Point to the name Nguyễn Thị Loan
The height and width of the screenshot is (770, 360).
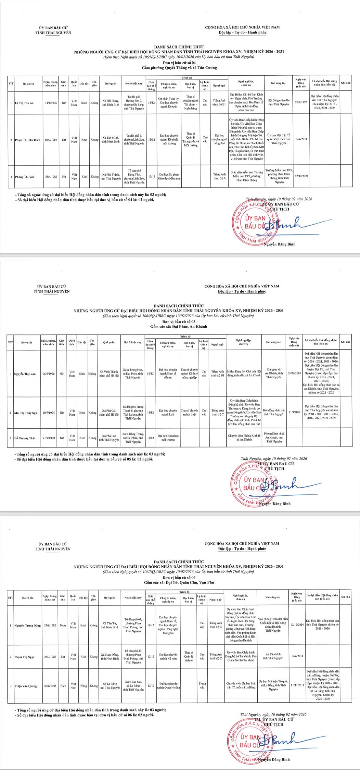click(25, 374)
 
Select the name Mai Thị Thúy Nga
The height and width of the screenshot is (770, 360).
click(26, 413)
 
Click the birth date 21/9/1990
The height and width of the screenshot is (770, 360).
click(49, 438)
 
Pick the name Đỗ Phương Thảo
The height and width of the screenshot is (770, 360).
click(25, 438)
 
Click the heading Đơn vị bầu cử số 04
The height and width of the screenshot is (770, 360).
click(179, 62)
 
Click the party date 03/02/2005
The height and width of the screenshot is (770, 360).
click(294, 374)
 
